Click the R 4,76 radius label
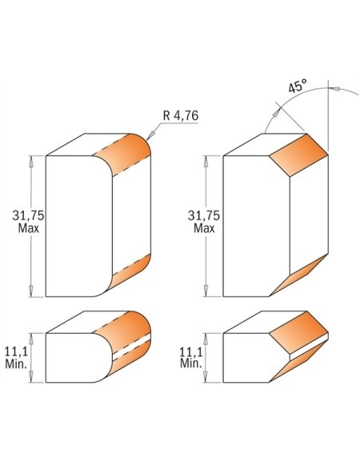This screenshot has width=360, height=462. click(181, 115)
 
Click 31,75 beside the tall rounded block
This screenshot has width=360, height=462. click(28, 215)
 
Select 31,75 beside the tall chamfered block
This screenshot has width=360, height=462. click(204, 215)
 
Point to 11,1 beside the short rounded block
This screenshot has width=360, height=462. click(17, 352)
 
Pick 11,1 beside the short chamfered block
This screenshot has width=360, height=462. click(191, 352)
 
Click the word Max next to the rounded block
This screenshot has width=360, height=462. click(28, 228)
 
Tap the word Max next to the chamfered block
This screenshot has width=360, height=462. click(204, 228)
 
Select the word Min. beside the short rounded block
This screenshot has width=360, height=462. click(17, 364)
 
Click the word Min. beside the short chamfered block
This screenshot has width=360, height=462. click(191, 364)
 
